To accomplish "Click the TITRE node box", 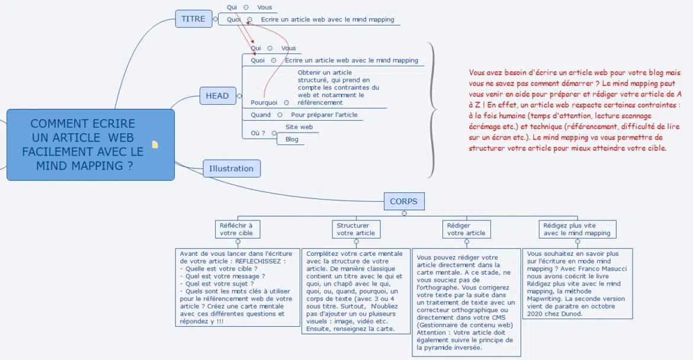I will [193, 19].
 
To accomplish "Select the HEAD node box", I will [217, 95].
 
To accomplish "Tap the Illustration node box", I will [231, 169].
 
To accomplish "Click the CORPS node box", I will [403, 201].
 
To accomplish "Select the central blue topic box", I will [83, 144].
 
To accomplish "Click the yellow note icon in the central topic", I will [155, 144].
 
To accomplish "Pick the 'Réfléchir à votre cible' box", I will [236, 229].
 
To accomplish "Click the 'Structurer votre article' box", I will [356, 229].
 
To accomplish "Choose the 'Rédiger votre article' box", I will [466, 229].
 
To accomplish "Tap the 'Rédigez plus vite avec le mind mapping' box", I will [577, 229].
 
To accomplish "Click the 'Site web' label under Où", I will [299, 127].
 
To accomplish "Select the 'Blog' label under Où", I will [292, 140].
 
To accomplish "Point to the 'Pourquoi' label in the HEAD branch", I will [264, 102].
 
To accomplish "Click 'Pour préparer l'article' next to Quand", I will [324, 115].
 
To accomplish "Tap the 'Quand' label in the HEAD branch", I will [261, 115].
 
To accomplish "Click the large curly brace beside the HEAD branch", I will [433, 110].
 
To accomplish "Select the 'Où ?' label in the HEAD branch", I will [258, 133].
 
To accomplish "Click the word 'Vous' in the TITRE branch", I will [265, 7].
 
